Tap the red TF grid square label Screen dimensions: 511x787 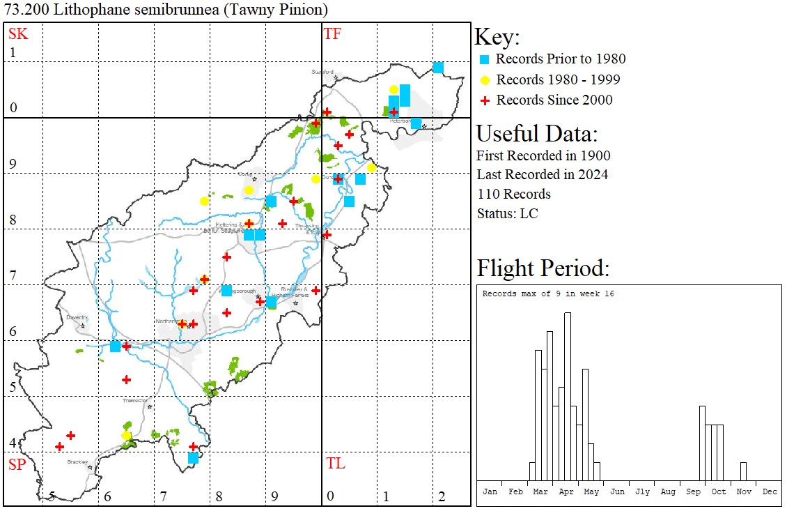332,33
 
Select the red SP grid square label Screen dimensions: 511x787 17,464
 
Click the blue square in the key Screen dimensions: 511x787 485,59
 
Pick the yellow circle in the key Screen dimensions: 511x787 485,79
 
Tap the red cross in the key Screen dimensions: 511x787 485,100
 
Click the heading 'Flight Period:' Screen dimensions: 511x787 543,268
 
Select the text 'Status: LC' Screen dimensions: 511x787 507,213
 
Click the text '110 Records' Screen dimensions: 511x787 513,194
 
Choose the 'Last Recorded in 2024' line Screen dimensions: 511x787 542,174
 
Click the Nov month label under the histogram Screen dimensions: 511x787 744,491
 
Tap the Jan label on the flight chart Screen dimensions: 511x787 490,491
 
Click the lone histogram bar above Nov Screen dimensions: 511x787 743,471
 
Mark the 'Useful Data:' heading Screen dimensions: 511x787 536,134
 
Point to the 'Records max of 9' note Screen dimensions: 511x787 548,293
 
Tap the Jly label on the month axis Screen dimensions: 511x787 642,491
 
